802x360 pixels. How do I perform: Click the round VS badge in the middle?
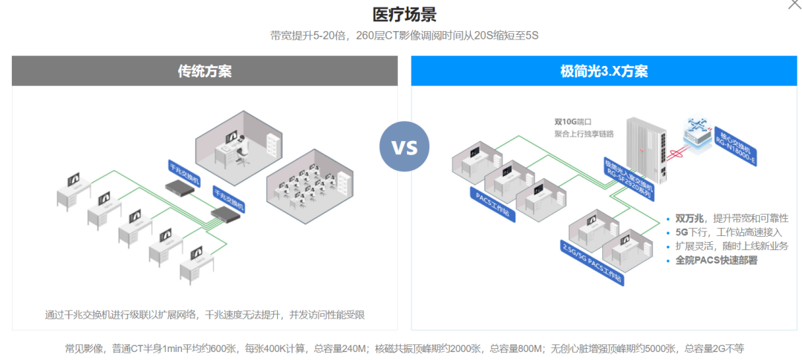[x=405, y=146]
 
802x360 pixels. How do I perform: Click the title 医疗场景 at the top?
[x=404, y=14]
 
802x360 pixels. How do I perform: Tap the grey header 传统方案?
[x=204, y=71]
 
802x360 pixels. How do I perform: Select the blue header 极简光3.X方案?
[x=604, y=71]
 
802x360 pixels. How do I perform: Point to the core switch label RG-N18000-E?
[x=738, y=148]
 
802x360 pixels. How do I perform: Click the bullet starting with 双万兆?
[x=731, y=218]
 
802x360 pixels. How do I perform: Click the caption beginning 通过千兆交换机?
[x=204, y=315]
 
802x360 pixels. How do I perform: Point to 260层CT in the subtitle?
[x=379, y=36]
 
